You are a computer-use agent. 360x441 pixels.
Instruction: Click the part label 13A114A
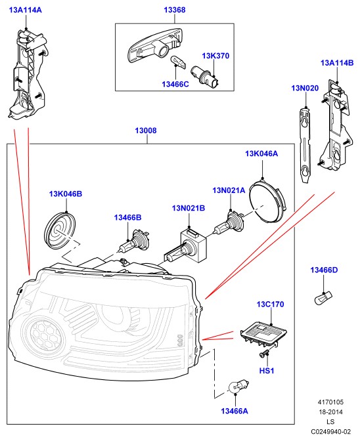[26, 10]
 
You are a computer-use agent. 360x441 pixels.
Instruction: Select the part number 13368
[175, 10]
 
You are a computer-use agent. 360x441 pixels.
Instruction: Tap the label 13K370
[215, 56]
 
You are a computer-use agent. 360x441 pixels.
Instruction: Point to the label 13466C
[175, 85]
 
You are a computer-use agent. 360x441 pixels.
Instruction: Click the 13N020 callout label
[305, 89]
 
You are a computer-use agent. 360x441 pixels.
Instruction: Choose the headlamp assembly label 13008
[146, 131]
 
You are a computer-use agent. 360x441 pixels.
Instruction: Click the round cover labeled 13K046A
[267, 201]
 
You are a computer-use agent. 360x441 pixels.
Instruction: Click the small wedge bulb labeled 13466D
[323, 298]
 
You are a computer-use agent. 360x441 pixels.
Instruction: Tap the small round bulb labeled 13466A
[238, 386]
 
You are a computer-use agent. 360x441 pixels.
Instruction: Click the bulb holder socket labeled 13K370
[205, 77]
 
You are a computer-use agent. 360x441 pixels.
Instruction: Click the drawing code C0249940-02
[331, 432]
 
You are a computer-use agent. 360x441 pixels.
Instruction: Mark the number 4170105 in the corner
[331, 402]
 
